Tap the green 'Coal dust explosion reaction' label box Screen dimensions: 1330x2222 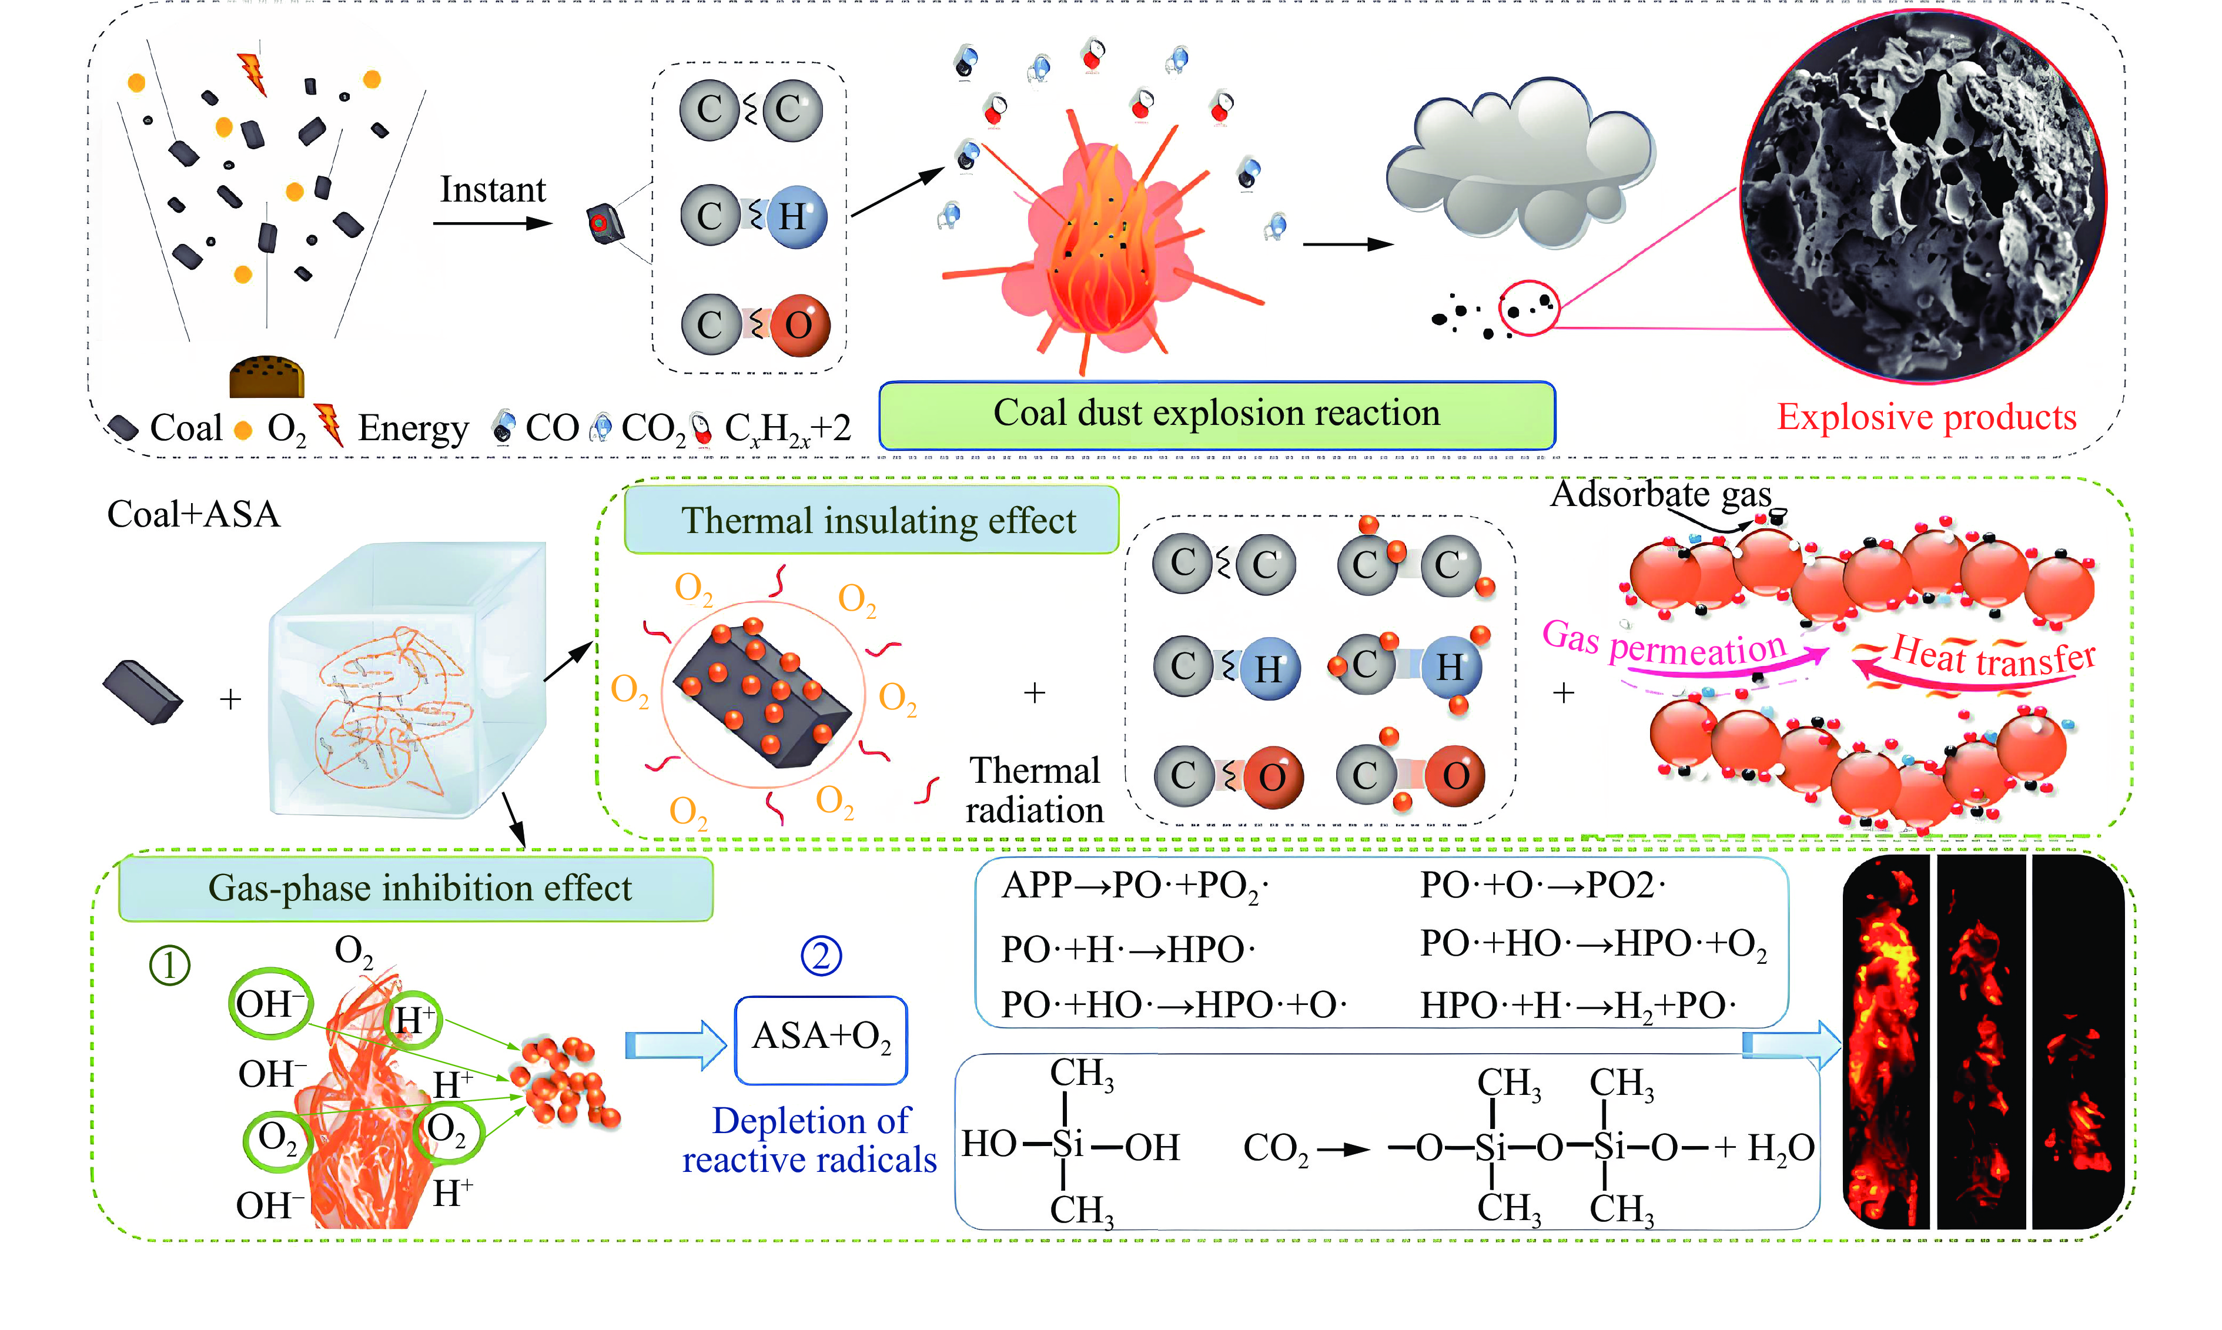(1216, 415)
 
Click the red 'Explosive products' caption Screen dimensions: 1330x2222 (1926, 418)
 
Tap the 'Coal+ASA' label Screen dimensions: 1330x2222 (193, 514)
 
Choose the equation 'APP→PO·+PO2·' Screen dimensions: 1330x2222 (1135, 886)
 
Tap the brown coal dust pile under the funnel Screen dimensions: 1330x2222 (267, 376)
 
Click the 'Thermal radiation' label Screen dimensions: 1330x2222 (1035, 790)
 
